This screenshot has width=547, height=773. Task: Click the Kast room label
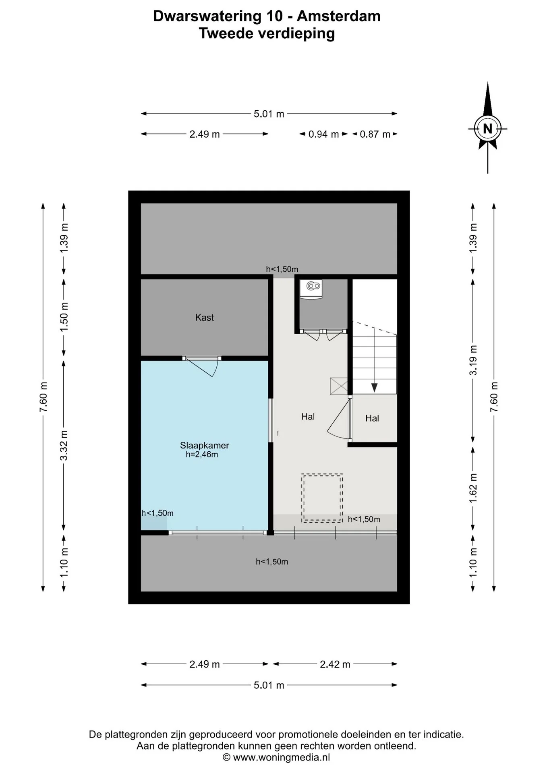point(204,318)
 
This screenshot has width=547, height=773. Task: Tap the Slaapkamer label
point(204,445)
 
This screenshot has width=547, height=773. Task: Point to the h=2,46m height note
point(202,455)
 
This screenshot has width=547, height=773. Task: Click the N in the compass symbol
point(487,129)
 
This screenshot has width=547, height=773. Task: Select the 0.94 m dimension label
point(323,134)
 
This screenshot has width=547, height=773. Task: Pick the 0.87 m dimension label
point(375,134)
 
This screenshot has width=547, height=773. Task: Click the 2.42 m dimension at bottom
point(335,664)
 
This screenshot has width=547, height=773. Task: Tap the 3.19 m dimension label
point(473,360)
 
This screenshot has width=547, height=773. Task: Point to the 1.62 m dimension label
point(473,488)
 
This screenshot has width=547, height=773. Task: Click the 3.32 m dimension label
point(64,446)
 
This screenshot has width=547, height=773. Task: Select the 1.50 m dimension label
point(64,317)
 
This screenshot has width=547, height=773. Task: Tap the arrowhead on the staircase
point(374,388)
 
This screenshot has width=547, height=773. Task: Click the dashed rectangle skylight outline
point(322,498)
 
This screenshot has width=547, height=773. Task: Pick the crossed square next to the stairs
point(339,386)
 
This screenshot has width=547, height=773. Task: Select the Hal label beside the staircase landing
point(372,418)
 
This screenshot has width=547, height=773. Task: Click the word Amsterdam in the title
point(339,16)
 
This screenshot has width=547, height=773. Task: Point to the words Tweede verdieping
point(267,33)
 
